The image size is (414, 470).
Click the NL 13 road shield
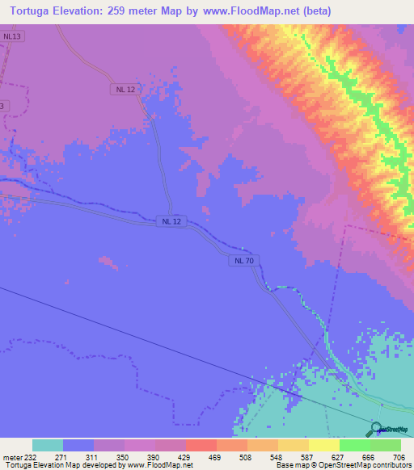pos(11,36)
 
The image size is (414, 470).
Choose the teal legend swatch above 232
pos(48,445)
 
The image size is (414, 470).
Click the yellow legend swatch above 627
pos(323,445)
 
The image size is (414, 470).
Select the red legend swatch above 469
pos(201,445)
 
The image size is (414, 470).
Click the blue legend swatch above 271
pos(78,445)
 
